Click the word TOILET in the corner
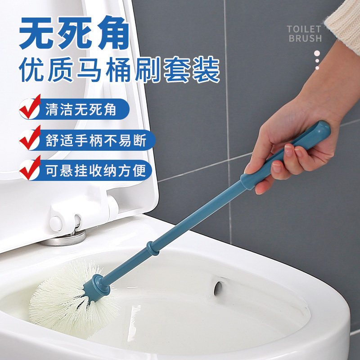coord(304,29)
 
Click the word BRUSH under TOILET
coord(305,38)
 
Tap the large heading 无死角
coord(74,33)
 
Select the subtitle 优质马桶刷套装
coord(120,69)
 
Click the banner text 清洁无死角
coord(81,109)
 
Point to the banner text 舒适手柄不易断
coord(96,140)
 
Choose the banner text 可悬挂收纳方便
coord(96,171)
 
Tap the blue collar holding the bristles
coord(96,288)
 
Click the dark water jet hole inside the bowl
coord(218,288)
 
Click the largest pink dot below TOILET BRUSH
coord(317,54)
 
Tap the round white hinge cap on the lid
coord(56,224)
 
